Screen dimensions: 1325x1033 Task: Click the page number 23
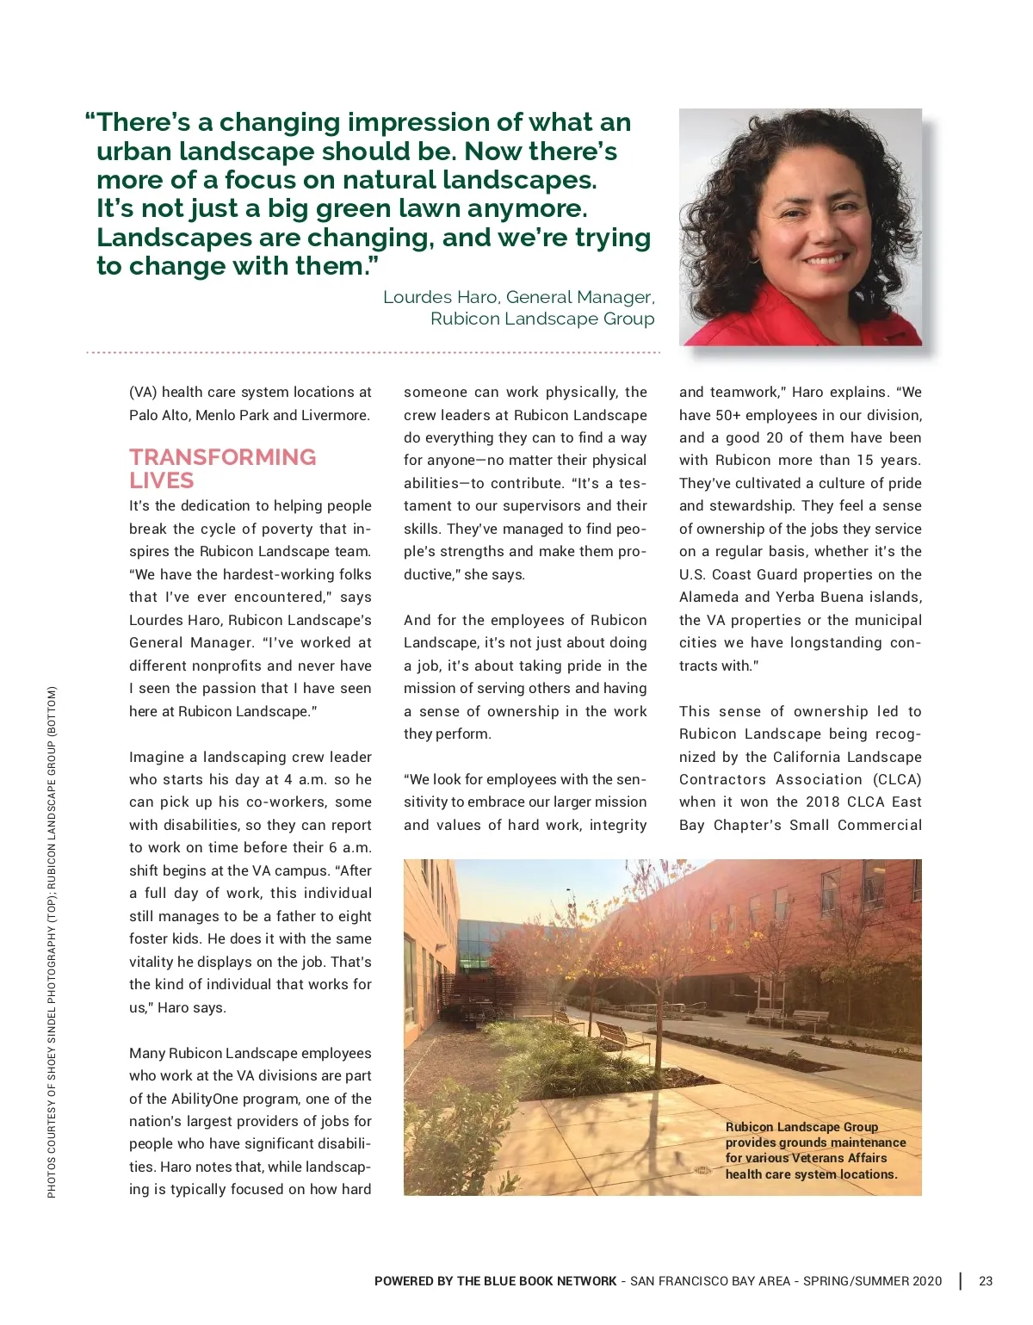pyautogui.click(x=986, y=1281)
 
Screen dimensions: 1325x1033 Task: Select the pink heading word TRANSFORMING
pyautogui.click(x=223, y=457)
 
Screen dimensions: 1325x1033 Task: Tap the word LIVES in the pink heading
pyautogui.click(x=162, y=480)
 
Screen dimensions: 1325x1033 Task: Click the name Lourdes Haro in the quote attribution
pyautogui.click(x=440, y=297)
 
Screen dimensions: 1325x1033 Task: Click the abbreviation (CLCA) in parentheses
pyautogui.click(x=897, y=779)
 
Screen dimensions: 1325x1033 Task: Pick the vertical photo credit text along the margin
pyautogui.click(x=52, y=941)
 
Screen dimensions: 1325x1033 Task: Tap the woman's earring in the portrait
pyautogui.click(x=755, y=258)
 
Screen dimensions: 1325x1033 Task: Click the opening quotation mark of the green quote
pyautogui.click(x=90, y=121)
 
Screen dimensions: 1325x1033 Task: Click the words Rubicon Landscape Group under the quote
pyautogui.click(x=542, y=319)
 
